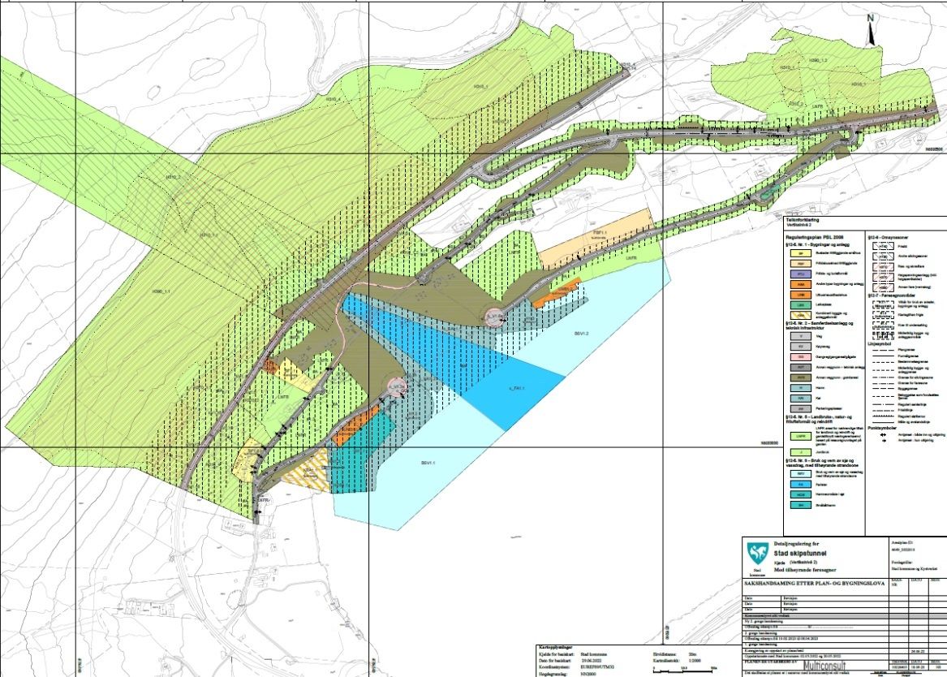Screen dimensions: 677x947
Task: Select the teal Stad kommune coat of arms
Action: click(x=758, y=554)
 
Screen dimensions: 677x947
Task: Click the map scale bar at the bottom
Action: click(x=690, y=667)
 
